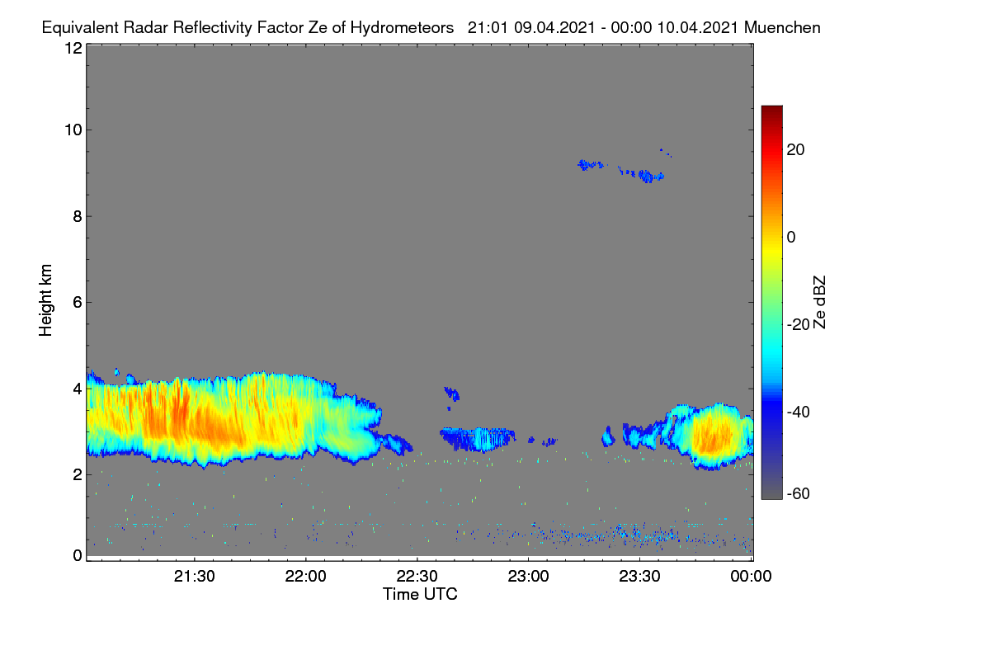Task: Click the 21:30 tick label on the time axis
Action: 194,577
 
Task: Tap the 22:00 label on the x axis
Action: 305,577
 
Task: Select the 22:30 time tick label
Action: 417,577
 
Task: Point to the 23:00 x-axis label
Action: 528,577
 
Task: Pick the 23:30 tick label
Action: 639,577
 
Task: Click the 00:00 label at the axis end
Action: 751,577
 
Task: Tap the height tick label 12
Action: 73,48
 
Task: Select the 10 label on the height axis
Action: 73,130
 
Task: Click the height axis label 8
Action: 78,217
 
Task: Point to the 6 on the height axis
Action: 78,303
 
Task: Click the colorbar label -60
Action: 799,494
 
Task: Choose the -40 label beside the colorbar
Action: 799,412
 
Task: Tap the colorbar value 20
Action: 795,150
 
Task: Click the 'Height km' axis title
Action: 45,300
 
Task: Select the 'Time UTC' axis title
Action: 420,594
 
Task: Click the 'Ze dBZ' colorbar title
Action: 819,303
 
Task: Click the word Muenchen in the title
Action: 782,28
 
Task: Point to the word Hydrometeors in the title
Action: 403,28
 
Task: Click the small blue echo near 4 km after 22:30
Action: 452,393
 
